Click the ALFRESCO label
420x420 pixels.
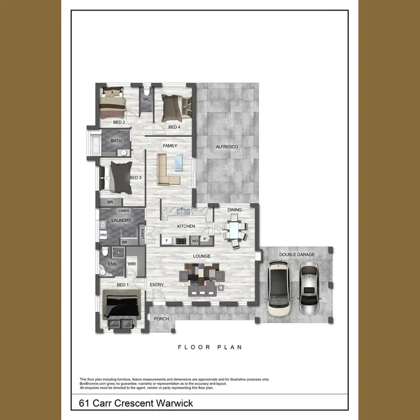(x=227, y=147)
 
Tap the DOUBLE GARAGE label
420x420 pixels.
(x=297, y=255)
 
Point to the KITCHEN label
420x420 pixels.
(x=186, y=226)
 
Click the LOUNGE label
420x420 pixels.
(x=202, y=256)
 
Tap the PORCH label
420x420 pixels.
(x=161, y=319)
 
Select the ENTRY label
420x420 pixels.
(x=157, y=285)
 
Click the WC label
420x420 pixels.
(x=147, y=99)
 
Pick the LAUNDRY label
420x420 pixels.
(x=121, y=221)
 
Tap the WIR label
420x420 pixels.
(x=132, y=263)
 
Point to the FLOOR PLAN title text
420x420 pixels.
(x=210, y=347)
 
